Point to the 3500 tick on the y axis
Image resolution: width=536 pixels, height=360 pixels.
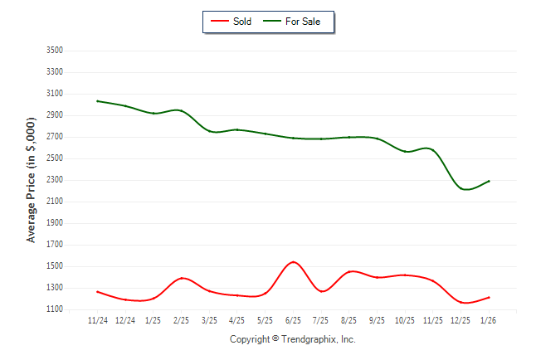point(54,51)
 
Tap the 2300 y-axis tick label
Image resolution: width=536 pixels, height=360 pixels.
point(54,180)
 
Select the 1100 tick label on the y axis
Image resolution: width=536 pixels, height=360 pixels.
point(54,309)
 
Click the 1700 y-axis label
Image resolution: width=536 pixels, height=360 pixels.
point(54,245)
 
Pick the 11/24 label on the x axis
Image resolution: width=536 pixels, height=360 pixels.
point(97,320)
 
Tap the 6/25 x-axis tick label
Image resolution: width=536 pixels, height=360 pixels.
point(293,320)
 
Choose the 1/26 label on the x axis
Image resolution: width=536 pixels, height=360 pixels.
point(489,320)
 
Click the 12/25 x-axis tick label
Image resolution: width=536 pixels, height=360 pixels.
point(460,320)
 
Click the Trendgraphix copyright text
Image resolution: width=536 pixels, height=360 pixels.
point(292,339)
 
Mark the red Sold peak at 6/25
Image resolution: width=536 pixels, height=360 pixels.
point(293,262)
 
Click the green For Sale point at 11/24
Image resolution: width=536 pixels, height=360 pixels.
point(97,101)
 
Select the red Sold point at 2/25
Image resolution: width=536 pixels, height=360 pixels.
point(181,278)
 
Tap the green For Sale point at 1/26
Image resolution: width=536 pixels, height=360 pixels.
point(489,181)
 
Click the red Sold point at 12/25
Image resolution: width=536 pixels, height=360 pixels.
point(460,302)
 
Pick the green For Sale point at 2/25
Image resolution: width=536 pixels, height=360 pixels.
point(181,110)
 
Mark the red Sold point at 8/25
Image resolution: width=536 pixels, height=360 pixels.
point(349,271)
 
